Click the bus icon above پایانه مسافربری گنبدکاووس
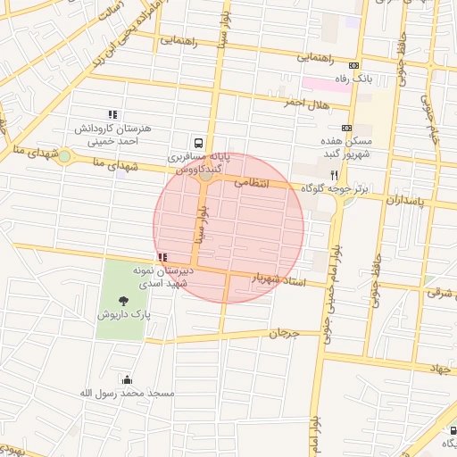click(197, 142)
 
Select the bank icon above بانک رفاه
click(354, 65)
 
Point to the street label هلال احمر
click(282, 104)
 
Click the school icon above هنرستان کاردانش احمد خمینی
click(112, 114)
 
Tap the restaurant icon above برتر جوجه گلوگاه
click(334, 176)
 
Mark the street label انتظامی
click(252, 182)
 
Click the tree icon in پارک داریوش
click(121, 299)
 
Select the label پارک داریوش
click(121, 315)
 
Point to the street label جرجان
click(281, 334)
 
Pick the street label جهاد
click(441, 368)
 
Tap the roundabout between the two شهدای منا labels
click(64, 156)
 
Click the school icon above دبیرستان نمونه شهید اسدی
click(161, 257)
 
